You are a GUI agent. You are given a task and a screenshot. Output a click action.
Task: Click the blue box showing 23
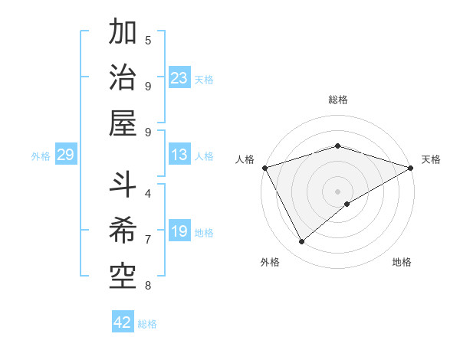(x=179, y=78)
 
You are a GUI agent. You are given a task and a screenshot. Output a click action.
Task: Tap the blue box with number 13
(x=179, y=155)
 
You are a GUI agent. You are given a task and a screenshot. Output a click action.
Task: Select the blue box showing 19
(x=179, y=232)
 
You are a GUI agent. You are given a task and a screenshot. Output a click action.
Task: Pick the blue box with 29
(x=65, y=155)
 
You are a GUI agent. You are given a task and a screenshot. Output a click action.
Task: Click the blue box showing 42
(x=123, y=322)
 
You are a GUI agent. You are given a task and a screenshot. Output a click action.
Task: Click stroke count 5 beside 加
(x=148, y=41)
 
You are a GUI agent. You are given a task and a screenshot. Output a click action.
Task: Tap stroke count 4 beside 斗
(x=148, y=194)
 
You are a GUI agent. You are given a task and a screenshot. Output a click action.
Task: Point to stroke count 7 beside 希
(x=148, y=240)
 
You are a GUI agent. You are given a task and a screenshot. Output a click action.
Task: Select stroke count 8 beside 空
(x=148, y=286)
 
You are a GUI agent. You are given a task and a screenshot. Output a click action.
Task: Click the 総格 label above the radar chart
(x=337, y=100)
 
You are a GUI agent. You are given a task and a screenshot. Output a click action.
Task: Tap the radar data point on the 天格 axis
(x=411, y=167)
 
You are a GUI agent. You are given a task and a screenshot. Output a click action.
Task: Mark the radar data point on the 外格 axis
(x=302, y=242)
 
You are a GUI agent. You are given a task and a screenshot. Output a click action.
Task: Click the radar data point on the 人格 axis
(x=264, y=167)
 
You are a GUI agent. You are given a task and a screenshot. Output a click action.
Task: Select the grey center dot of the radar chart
(x=337, y=191)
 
